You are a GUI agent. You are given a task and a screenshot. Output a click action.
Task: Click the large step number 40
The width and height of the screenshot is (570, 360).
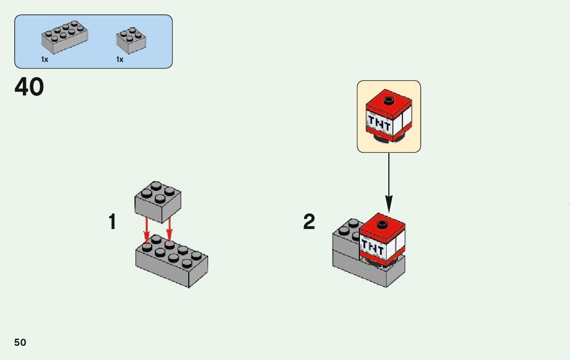click(x=29, y=87)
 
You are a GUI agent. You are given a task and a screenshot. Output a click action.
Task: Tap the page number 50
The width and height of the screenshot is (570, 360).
click(x=20, y=342)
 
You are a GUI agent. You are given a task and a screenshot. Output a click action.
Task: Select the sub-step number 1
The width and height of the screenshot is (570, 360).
click(x=112, y=222)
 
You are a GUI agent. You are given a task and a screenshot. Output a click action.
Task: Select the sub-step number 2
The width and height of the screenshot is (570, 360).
click(x=309, y=222)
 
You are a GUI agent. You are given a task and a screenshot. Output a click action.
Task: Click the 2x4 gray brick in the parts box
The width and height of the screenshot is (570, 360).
click(x=64, y=38)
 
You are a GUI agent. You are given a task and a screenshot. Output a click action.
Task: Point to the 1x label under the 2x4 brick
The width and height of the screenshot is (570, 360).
click(x=45, y=59)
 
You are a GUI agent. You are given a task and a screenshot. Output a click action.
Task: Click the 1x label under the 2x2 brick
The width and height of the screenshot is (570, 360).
click(x=120, y=59)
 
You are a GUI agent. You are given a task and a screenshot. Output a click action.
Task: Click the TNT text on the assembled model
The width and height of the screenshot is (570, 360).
click(x=372, y=248)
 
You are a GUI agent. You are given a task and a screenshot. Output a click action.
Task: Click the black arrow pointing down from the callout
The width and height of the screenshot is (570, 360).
click(x=389, y=183)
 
